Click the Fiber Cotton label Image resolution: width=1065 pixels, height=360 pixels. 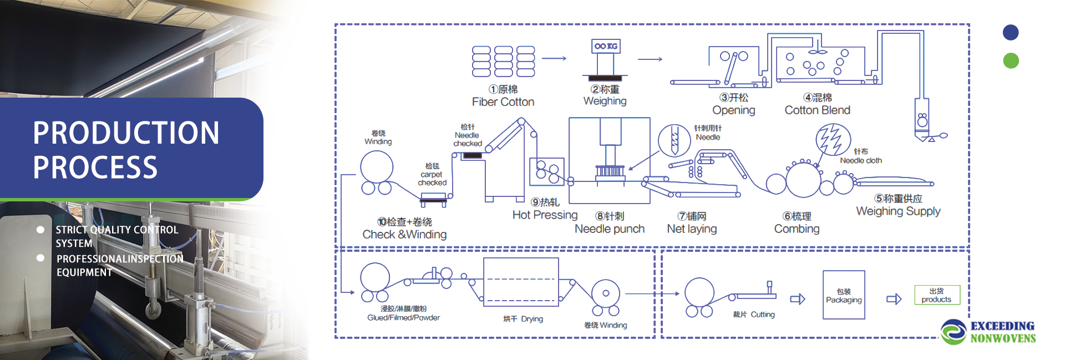tap(503, 102)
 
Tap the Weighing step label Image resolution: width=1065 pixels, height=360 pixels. tap(605, 101)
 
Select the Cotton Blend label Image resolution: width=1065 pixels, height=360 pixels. tap(818, 110)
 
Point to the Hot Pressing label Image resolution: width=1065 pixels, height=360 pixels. tap(545, 215)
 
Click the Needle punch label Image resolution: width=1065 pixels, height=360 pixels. tap(610, 229)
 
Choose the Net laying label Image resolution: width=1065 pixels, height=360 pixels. tap(692, 229)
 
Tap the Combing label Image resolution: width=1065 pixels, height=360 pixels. tap(797, 229)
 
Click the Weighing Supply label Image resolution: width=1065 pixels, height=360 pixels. tap(898, 211)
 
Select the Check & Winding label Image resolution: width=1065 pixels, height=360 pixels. tap(404, 235)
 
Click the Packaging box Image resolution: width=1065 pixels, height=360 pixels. tap(844, 295)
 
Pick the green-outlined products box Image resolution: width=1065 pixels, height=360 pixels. tap(937, 295)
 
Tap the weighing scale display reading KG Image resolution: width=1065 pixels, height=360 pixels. tap(606, 46)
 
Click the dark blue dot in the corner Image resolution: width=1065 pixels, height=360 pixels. tap(1011, 33)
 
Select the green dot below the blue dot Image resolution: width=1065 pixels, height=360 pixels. tap(1011, 60)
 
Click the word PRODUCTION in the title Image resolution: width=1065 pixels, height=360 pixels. tap(126, 133)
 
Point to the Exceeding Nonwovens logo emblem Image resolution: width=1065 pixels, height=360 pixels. tap(954, 332)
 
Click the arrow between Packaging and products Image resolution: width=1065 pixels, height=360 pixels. tap(894, 299)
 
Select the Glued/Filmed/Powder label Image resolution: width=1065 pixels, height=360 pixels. tap(403, 318)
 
